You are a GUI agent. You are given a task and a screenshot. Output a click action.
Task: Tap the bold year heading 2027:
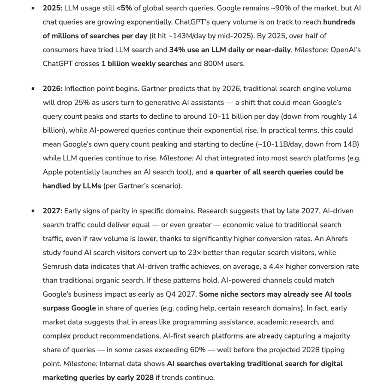[x=52, y=211]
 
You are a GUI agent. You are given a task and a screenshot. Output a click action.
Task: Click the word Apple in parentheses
[x=53, y=172]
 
